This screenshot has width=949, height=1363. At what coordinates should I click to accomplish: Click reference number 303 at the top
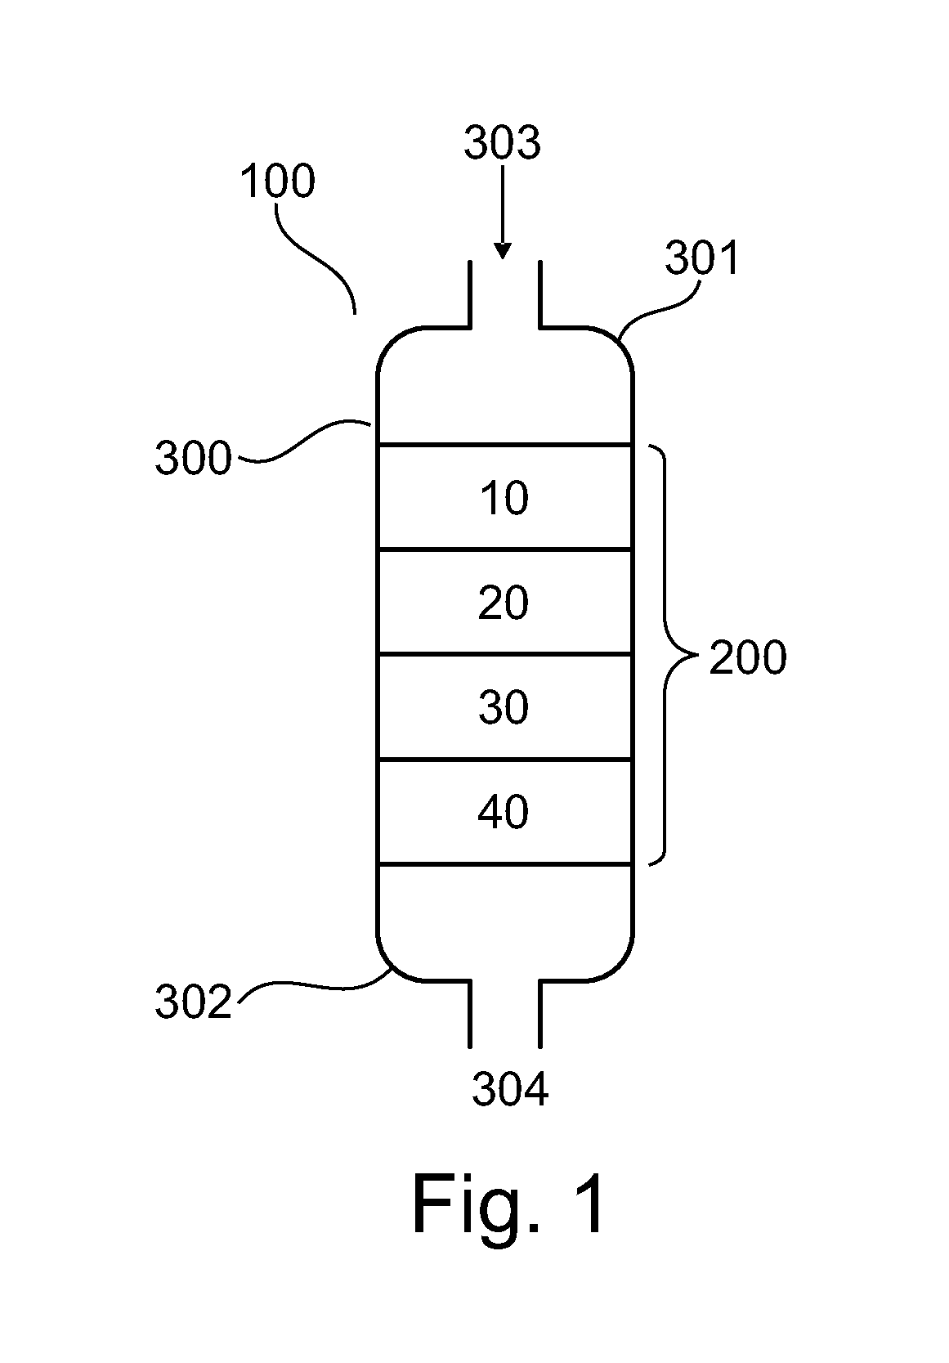(x=502, y=142)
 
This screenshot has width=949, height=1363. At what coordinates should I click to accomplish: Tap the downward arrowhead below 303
(x=503, y=251)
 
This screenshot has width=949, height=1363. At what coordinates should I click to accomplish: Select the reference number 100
(x=277, y=181)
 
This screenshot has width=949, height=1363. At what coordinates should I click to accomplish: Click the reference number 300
(x=194, y=458)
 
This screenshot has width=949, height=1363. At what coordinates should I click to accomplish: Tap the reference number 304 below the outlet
(x=510, y=1089)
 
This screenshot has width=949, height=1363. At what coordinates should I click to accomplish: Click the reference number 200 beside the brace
(x=748, y=657)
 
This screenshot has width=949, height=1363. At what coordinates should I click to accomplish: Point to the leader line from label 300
(x=304, y=442)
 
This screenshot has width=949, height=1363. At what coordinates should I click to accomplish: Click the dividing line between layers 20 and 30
(x=505, y=654)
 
